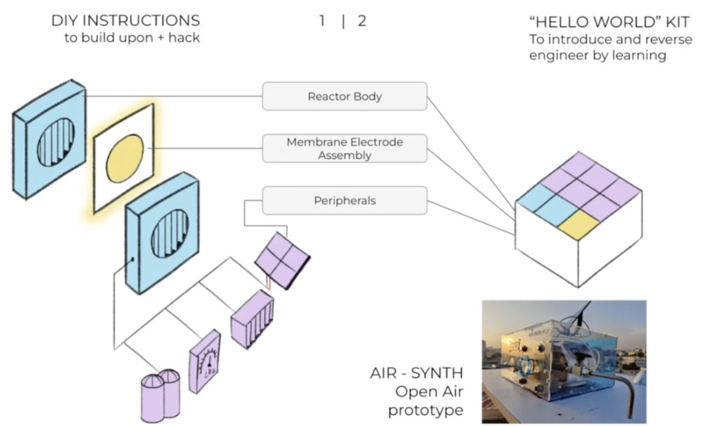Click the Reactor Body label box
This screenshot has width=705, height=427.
344,96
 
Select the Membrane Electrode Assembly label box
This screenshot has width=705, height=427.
344,149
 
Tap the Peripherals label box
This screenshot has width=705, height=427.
344,201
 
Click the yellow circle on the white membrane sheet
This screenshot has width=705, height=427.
125,158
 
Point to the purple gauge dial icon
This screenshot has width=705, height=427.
204,361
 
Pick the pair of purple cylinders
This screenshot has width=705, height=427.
160,395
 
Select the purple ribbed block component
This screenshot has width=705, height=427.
252,318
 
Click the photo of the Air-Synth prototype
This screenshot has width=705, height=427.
564,361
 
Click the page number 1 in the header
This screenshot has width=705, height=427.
322,21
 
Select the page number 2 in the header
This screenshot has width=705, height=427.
362,21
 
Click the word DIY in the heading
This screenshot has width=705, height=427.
65,21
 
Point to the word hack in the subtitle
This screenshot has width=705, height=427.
184,38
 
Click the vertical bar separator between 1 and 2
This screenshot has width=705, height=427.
343,21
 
